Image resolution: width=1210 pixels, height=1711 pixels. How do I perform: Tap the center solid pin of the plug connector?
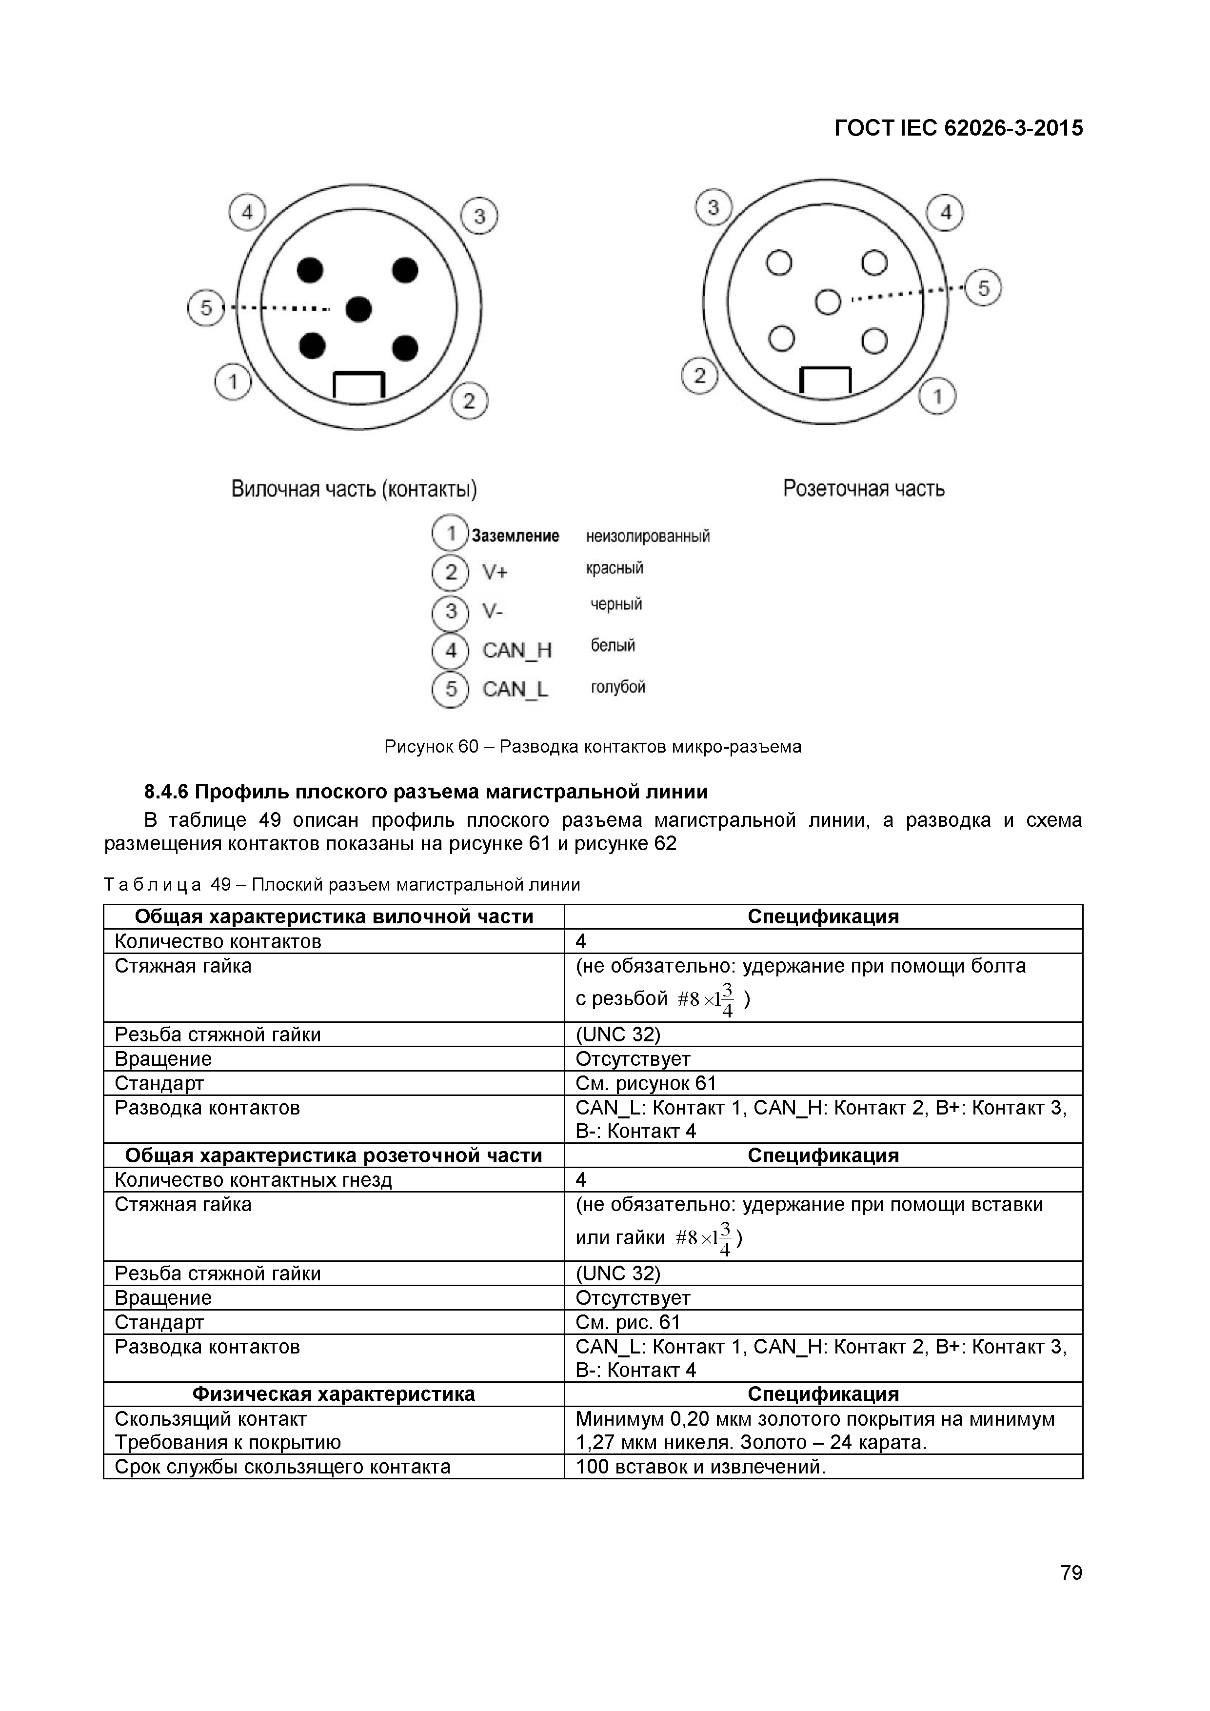pyautogui.click(x=358, y=309)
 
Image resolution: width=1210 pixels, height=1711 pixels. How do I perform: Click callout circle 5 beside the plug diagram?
pyautogui.click(x=206, y=308)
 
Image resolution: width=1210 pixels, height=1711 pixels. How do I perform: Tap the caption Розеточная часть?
pyautogui.click(x=864, y=489)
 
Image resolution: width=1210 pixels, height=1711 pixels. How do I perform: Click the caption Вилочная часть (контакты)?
pyautogui.click(x=354, y=490)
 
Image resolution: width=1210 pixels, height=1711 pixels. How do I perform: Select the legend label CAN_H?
pyautogui.click(x=516, y=651)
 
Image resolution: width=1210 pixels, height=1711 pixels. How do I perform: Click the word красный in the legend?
pyautogui.click(x=614, y=569)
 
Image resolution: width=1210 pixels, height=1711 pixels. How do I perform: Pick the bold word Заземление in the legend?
pyautogui.click(x=516, y=536)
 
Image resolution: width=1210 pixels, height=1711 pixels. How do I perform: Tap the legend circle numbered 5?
pyautogui.click(x=450, y=689)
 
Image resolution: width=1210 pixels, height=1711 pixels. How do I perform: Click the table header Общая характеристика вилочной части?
pyautogui.click(x=334, y=916)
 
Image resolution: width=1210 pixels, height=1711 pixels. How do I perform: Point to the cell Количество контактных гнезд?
pyautogui.click(x=253, y=1180)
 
